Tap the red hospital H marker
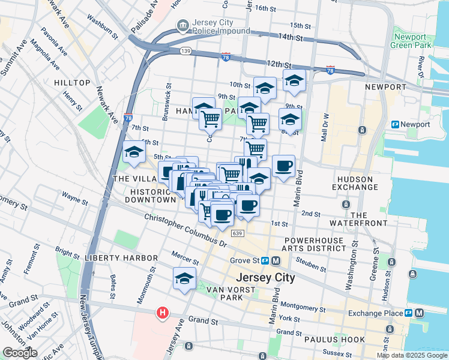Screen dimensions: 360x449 [x=161, y=313]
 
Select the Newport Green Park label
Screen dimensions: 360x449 [x=411, y=41]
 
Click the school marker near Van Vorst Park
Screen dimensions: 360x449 [x=185, y=278]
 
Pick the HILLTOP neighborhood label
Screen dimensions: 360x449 [x=72, y=82]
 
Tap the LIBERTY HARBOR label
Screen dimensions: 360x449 [x=121, y=258]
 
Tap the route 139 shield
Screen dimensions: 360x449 [x=185, y=52]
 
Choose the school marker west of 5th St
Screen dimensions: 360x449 [x=133, y=152]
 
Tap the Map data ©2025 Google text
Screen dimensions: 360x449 [x=412, y=355]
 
